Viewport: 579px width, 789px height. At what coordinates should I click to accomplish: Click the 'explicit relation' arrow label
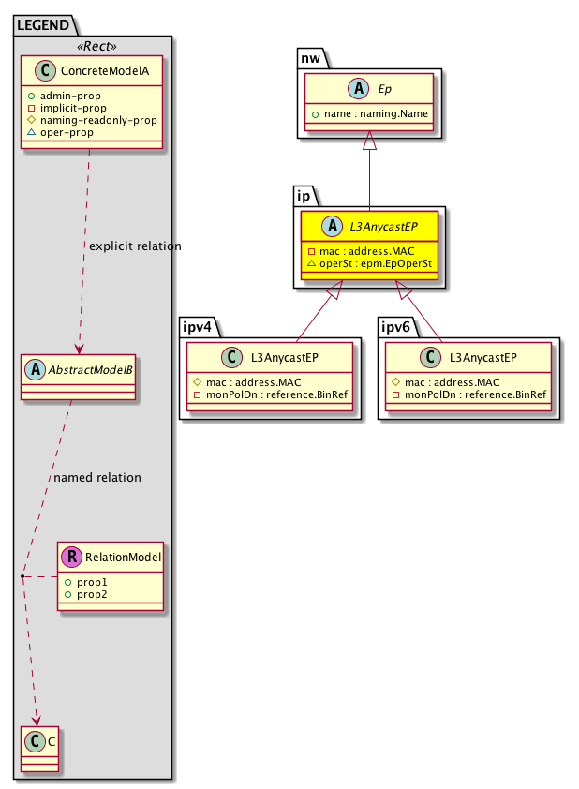coord(135,246)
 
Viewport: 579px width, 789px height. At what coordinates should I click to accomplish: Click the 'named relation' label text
coord(97,478)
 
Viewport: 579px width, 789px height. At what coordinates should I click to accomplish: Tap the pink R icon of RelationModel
coord(71,558)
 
